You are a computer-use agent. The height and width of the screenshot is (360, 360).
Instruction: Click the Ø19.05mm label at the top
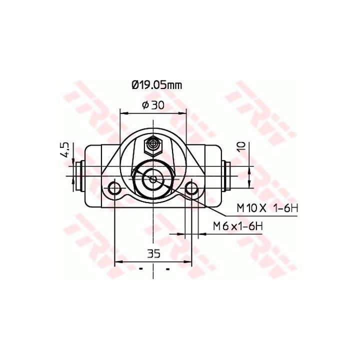click(x=157, y=85)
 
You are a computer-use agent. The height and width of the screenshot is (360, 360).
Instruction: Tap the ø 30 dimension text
click(x=153, y=105)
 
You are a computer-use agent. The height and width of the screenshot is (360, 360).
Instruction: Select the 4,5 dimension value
click(x=64, y=149)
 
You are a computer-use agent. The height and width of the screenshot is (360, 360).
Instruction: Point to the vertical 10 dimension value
click(x=242, y=147)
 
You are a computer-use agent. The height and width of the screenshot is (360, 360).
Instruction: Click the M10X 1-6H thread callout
click(x=267, y=208)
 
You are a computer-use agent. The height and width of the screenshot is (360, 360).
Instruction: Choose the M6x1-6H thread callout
click(x=238, y=226)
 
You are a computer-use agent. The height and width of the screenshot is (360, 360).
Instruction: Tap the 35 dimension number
click(x=153, y=253)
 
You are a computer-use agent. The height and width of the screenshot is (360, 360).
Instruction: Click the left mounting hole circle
click(x=114, y=188)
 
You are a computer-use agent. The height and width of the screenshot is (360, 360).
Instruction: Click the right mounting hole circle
click(x=191, y=188)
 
